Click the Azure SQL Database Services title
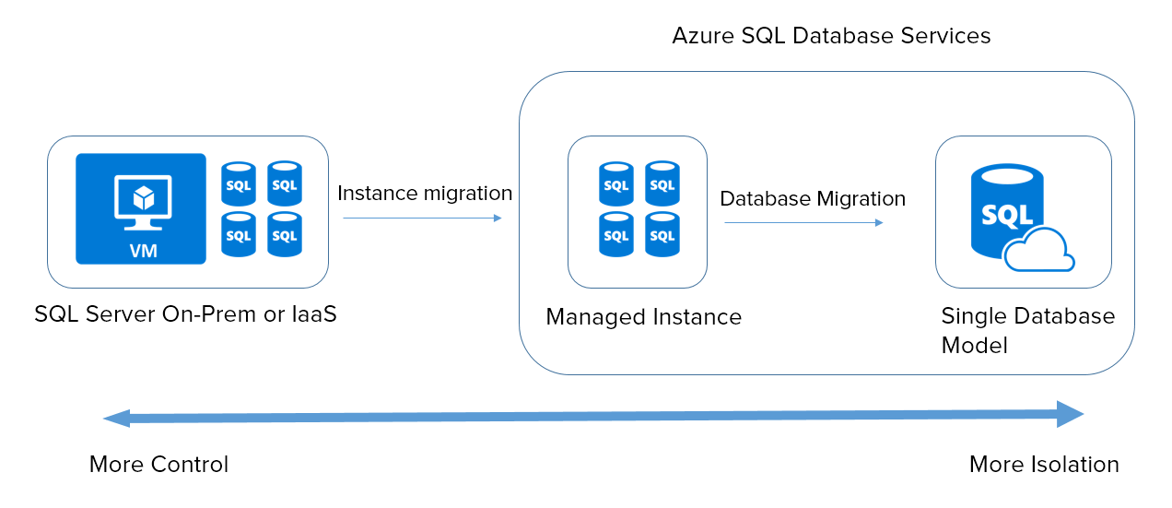pyautogui.click(x=831, y=36)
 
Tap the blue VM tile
pyautogui.click(x=141, y=209)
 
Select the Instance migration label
pyautogui.click(x=425, y=194)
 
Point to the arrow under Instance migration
pyautogui.click(x=422, y=219)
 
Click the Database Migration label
pyautogui.click(x=812, y=199)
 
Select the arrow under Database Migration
pyautogui.click(x=803, y=223)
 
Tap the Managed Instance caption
pyautogui.click(x=643, y=317)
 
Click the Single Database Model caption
pyautogui.click(x=1027, y=330)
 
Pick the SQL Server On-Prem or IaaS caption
pyautogui.click(x=185, y=313)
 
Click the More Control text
pyautogui.click(x=158, y=465)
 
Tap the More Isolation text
pyautogui.click(x=1044, y=465)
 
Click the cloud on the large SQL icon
pyautogui.click(x=1039, y=251)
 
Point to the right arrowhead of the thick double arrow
pyautogui.click(x=1070, y=415)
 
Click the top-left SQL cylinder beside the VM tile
pyautogui.click(x=239, y=183)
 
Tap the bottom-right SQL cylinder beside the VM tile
pyautogui.click(x=285, y=234)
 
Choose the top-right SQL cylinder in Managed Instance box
pyautogui.click(x=662, y=183)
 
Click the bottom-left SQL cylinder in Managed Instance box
pyautogui.click(x=615, y=234)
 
